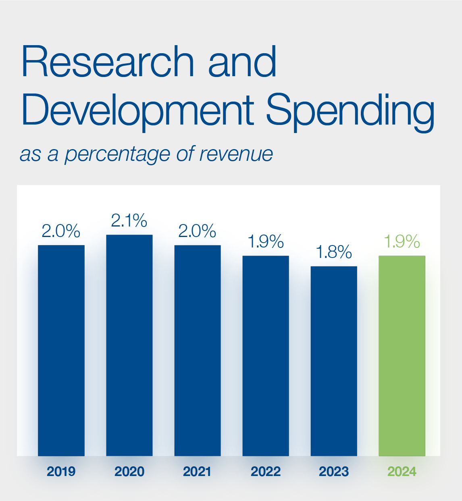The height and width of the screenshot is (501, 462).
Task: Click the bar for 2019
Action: tap(61, 350)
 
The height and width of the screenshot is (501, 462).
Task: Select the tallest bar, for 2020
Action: tap(129, 345)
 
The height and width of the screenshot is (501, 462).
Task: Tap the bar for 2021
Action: tap(198, 350)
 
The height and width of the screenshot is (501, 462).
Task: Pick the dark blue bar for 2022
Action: tap(266, 355)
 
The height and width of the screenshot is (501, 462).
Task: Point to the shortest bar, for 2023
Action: tap(334, 361)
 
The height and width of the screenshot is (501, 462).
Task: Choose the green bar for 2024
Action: tap(402, 355)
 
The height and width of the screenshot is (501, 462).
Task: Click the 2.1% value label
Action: tap(129, 220)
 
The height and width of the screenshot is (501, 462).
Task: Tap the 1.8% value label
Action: tap(334, 252)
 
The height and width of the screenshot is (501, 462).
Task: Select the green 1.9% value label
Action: tap(402, 241)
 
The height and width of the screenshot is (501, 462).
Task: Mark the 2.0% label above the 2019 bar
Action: tap(61, 231)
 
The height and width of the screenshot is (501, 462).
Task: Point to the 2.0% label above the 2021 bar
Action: tap(198, 231)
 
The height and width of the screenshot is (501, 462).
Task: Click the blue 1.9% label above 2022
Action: tap(266, 241)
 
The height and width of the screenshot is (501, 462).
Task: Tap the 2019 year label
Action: tap(61, 471)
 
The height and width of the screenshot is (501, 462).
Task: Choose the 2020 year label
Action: tap(129, 471)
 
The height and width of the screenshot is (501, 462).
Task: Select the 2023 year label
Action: tap(334, 471)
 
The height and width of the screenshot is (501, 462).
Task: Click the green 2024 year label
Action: tap(402, 471)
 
